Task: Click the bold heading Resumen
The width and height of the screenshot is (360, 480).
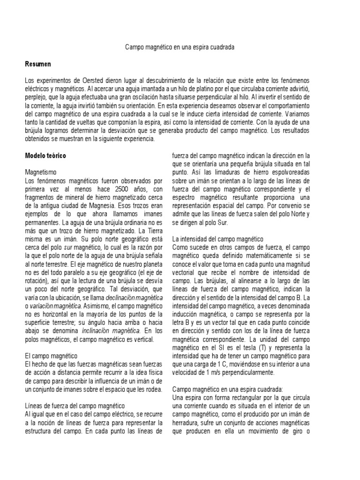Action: tap(38, 63)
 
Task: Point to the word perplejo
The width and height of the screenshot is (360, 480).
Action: tap(37, 97)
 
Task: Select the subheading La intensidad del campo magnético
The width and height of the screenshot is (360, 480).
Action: tap(218, 239)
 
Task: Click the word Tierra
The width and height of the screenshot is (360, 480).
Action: tap(153, 231)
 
